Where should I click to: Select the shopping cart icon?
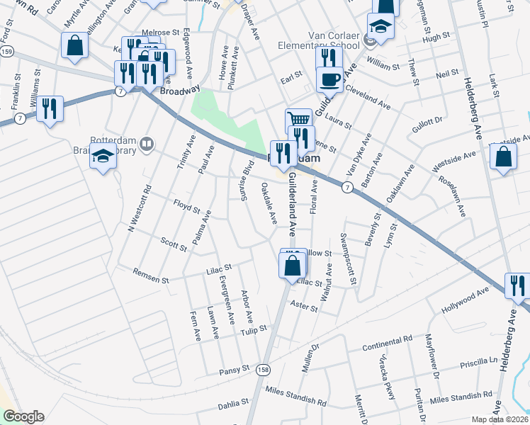pos(298,120)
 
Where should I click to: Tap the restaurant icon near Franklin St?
pos(50,108)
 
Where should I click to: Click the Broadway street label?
pos(176,91)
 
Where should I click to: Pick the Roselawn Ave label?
pos(452,192)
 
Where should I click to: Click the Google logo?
pos(23,416)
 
